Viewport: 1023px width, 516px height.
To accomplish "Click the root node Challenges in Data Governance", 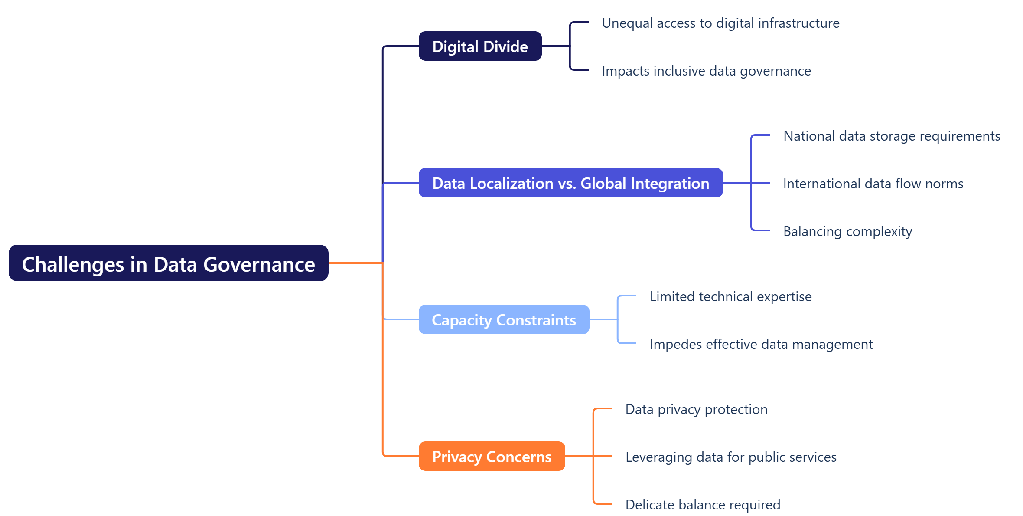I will point(168,263).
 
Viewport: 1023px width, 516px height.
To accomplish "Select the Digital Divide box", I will point(480,46).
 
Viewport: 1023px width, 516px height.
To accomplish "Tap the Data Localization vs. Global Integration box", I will point(570,183).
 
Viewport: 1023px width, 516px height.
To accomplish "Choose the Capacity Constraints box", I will point(504,319).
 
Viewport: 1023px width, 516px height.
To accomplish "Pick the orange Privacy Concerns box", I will point(492,456).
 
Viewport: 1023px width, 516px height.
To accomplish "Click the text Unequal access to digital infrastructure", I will point(720,23).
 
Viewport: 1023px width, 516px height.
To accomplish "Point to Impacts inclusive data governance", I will point(706,70).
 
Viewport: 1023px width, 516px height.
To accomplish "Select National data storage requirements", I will point(892,135).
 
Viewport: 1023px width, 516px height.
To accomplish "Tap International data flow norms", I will point(873,183).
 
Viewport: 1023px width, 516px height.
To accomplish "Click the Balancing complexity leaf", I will point(847,231).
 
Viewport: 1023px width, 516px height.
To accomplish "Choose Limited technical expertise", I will point(730,296).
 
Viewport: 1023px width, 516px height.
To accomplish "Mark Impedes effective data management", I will point(761,344).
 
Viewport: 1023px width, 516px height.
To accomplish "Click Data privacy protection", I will point(696,409).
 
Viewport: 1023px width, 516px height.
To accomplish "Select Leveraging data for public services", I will point(731,457).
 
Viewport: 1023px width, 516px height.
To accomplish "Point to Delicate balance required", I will point(703,504).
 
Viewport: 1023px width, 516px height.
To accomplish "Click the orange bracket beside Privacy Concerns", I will point(593,434).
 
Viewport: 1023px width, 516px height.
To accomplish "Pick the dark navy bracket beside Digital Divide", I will point(570,35).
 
